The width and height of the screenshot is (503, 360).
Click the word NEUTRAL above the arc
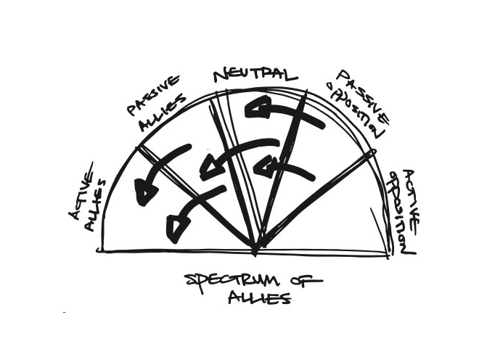tap(254, 75)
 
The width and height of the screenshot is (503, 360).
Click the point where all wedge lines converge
tap(255, 250)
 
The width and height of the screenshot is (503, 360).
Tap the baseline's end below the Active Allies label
tap(99, 250)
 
